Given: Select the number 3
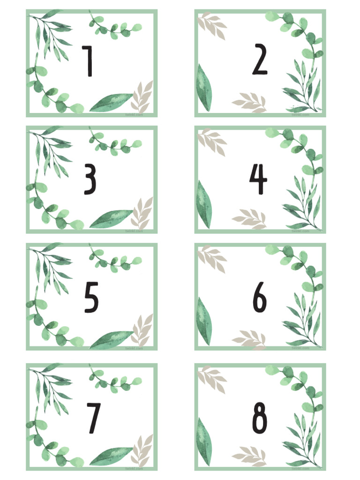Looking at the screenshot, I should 90,180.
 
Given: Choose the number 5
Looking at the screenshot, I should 91,297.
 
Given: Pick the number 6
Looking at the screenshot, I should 259,297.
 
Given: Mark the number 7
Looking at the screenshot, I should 93,418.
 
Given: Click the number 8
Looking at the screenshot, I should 260,418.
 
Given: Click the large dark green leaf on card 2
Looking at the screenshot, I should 203,88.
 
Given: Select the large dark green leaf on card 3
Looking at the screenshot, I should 112,219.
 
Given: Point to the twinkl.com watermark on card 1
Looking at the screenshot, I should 134,114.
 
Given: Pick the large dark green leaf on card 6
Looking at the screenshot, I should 203,322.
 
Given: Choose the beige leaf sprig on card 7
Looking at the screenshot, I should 142,450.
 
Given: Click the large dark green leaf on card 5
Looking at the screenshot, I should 112,339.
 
